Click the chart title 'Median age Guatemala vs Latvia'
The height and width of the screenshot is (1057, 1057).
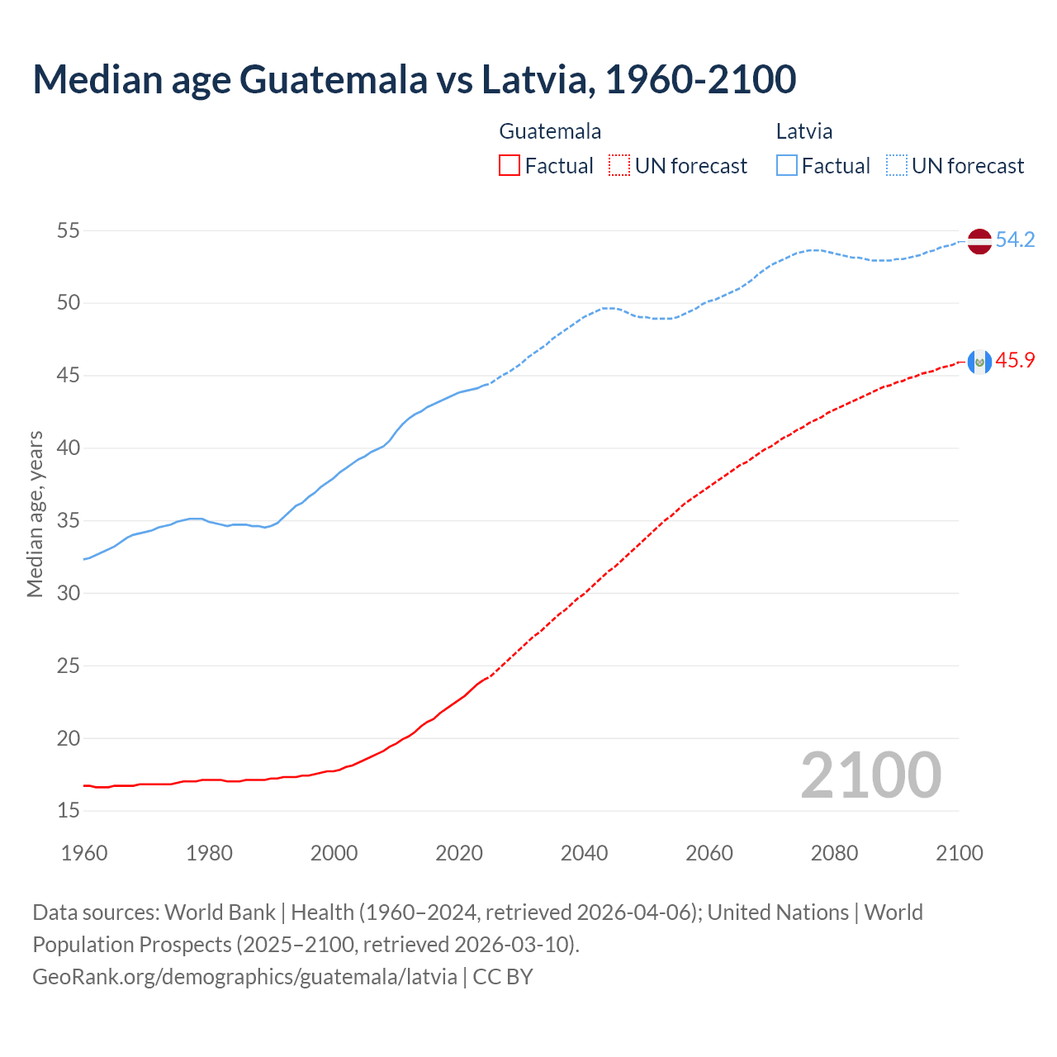coord(414,79)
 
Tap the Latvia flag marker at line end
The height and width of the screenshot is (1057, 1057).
coord(979,241)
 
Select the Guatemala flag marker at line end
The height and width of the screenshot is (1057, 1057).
coord(979,362)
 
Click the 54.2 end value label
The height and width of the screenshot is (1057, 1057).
coord(1015,240)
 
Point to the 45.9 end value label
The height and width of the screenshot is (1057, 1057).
coord(1015,361)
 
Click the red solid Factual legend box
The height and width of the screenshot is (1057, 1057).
coord(510,166)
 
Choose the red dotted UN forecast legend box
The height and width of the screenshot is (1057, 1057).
coord(619,166)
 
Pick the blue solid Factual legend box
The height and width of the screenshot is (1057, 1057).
coord(787,166)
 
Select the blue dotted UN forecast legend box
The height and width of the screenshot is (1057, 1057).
coord(896,166)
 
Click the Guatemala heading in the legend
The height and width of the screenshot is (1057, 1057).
coord(550,131)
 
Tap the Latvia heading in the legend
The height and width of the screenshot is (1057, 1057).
coord(803,131)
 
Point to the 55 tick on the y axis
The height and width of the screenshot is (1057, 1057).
coord(69,230)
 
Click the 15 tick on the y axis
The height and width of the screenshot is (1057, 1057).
coord(69,811)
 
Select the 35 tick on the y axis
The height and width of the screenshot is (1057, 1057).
coord(69,521)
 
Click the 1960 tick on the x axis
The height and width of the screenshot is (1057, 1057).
coord(84,853)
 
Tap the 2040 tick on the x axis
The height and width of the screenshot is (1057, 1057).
coord(584,853)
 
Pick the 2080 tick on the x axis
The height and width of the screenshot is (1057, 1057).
coord(834,853)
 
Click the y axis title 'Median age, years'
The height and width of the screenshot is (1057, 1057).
coord(35,514)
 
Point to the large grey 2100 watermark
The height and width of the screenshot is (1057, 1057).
coord(870,775)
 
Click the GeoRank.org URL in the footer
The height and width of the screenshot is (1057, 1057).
coord(244,977)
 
